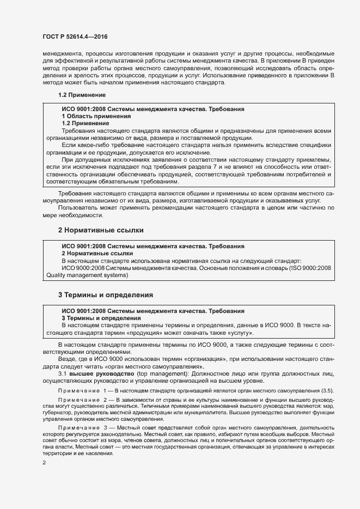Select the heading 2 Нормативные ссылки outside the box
[x=101, y=230]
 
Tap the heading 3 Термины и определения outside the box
[x=105, y=295]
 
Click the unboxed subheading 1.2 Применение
[x=74, y=95]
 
